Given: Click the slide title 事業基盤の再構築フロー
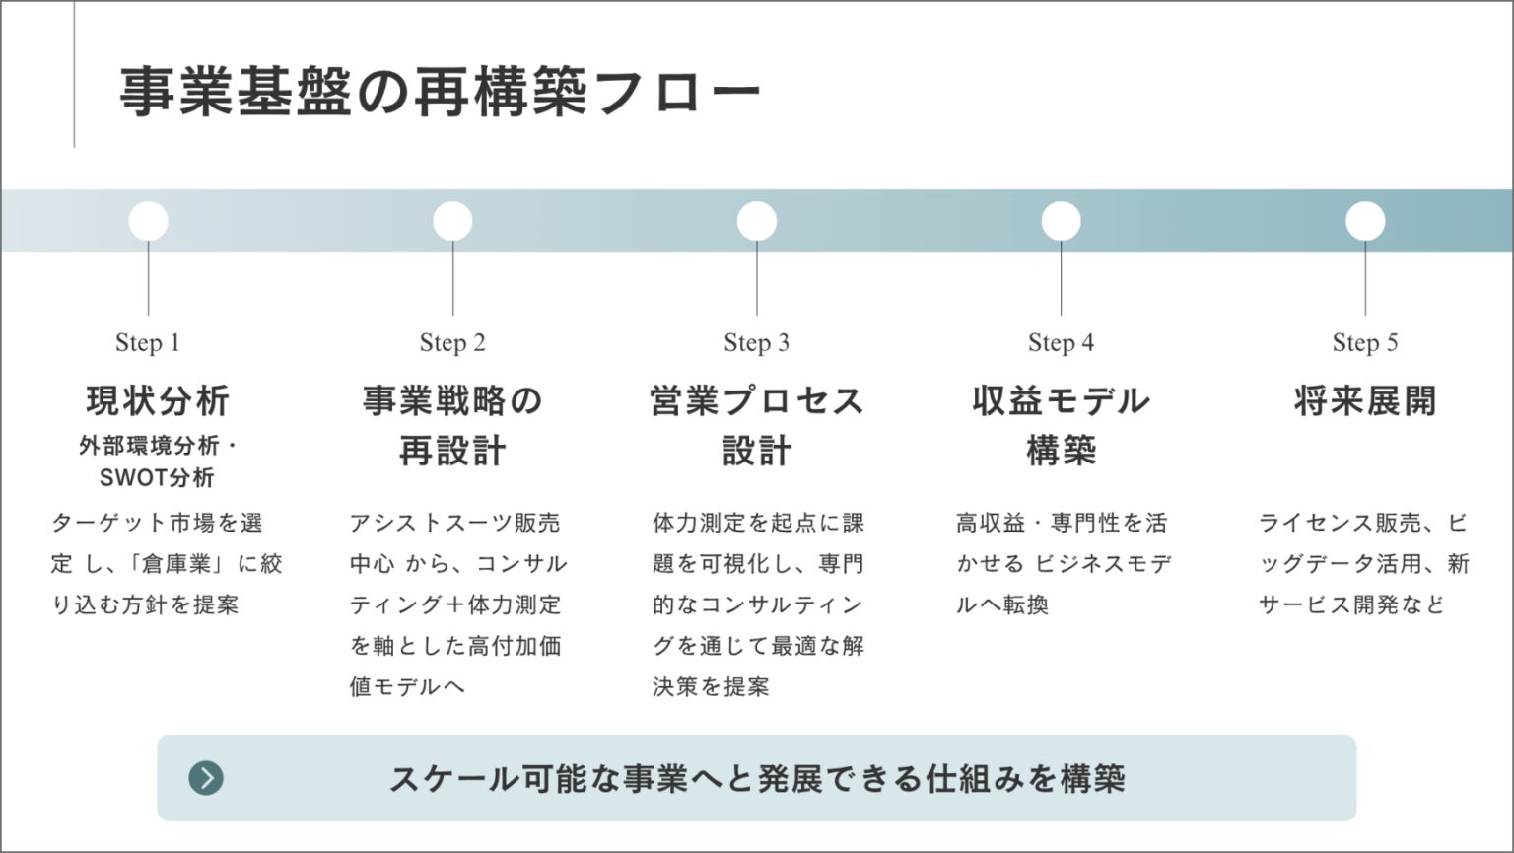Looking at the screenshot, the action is (x=440, y=92).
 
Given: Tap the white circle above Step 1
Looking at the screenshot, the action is (x=148, y=221).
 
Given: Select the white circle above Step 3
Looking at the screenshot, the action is (x=756, y=221).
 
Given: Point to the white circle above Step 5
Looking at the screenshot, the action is (x=1364, y=221).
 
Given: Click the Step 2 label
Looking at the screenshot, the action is (x=452, y=342).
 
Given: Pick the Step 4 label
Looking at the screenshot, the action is (x=1061, y=342).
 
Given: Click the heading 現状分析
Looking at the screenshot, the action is (x=158, y=400).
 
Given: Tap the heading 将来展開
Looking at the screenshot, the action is (x=1365, y=400).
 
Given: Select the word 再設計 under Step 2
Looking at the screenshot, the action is (x=452, y=451).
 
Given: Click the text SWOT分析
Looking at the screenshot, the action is (x=157, y=478).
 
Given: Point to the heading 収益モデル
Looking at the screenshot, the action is (x=1062, y=400).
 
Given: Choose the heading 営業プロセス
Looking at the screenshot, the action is (x=757, y=400).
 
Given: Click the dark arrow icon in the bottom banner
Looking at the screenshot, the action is (x=206, y=778).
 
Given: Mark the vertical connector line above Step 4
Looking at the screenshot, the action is (x=1062, y=278).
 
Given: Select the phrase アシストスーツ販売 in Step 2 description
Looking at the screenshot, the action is (x=454, y=523).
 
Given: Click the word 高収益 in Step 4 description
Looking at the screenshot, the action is (x=991, y=523).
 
